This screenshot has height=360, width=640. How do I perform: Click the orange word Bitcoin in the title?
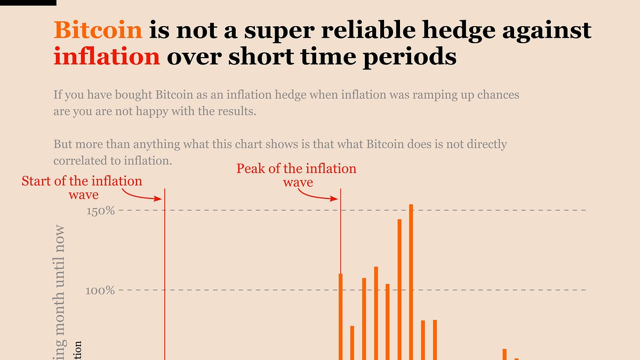tap(98, 31)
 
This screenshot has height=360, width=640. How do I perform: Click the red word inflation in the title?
tap(107, 56)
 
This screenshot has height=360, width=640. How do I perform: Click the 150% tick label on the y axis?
tap(101, 211)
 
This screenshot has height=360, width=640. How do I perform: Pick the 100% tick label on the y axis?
tap(101, 291)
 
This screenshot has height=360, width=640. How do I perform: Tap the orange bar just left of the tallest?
tap(399, 288)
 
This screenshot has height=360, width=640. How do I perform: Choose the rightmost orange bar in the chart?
tap(516, 359)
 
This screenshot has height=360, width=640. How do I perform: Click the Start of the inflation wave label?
tap(82, 188)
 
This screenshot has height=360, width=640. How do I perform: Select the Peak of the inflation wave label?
tap(297, 175)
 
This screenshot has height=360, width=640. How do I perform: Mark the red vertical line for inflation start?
tap(164, 267)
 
